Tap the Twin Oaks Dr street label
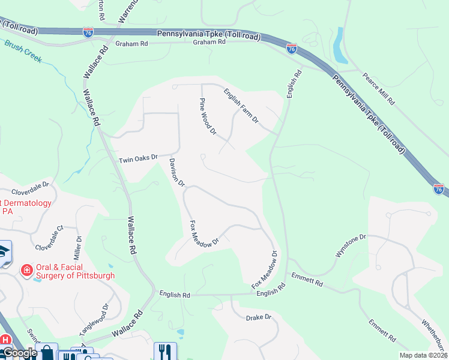click(x=137, y=159)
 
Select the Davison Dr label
click(x=177, y=173)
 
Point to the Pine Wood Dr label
click(x=207, y=116)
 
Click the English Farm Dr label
click(x=241, y=106)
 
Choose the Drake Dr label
click(x=259, y=316)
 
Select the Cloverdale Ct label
click(x=49, y=238)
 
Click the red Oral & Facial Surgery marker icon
click(x=26, y=271)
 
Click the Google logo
click(x=19, y=353)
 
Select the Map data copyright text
click(x=424, y=355)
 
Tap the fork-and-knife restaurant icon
click(x=164, y=351)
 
